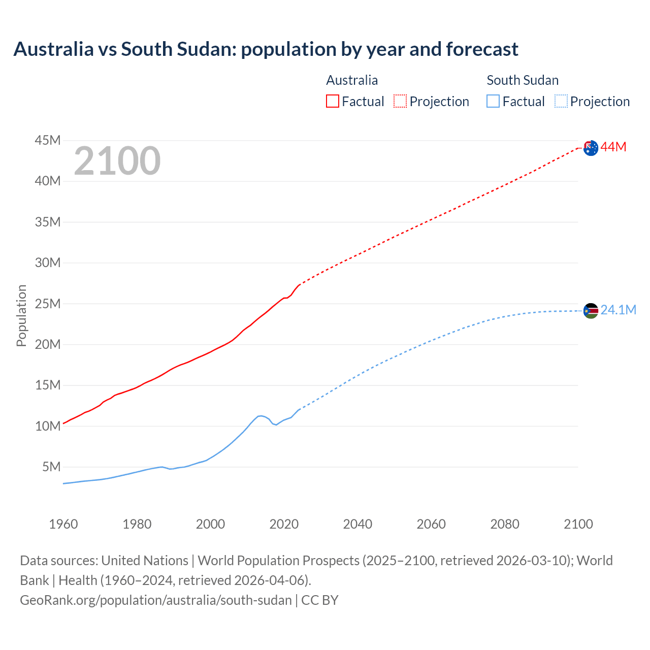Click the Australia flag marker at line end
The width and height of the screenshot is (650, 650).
click(x=591, y=148)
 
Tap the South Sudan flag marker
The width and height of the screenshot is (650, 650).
click(x=591, y=310)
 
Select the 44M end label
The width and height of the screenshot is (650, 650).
click(x=613, y=147)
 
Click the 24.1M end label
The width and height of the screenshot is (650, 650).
click(x=618, y=310)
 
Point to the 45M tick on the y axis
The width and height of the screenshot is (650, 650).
click(x=48, y=140)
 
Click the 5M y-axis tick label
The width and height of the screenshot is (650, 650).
click(x=51, y=467)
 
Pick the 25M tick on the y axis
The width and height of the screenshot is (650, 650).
click(x=48, y=304)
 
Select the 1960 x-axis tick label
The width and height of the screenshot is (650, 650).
click(x=63, y=524)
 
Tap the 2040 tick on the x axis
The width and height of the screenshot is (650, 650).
click(x=357, y=524)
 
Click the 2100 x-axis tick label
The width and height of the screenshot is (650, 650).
click(x=578, y=524)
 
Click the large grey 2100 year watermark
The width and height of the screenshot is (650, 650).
click(x=117, y=161)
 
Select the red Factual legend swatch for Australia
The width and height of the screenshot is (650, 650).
click(x=332, y=102)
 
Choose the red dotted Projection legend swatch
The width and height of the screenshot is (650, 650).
click(x=400, y=102)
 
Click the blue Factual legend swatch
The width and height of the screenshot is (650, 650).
click(x=493, y=102)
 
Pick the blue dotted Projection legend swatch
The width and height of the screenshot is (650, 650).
click(x=561, y=102)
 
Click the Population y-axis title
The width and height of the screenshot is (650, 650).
click(x=21, y=315)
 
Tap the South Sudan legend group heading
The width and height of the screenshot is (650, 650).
click(x=523, y=80)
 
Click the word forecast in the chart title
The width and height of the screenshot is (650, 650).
click(x=482, y=49)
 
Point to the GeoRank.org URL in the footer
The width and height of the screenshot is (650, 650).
click(x=156, y=600)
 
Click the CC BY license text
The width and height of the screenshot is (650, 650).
click(x=320, y=600)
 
